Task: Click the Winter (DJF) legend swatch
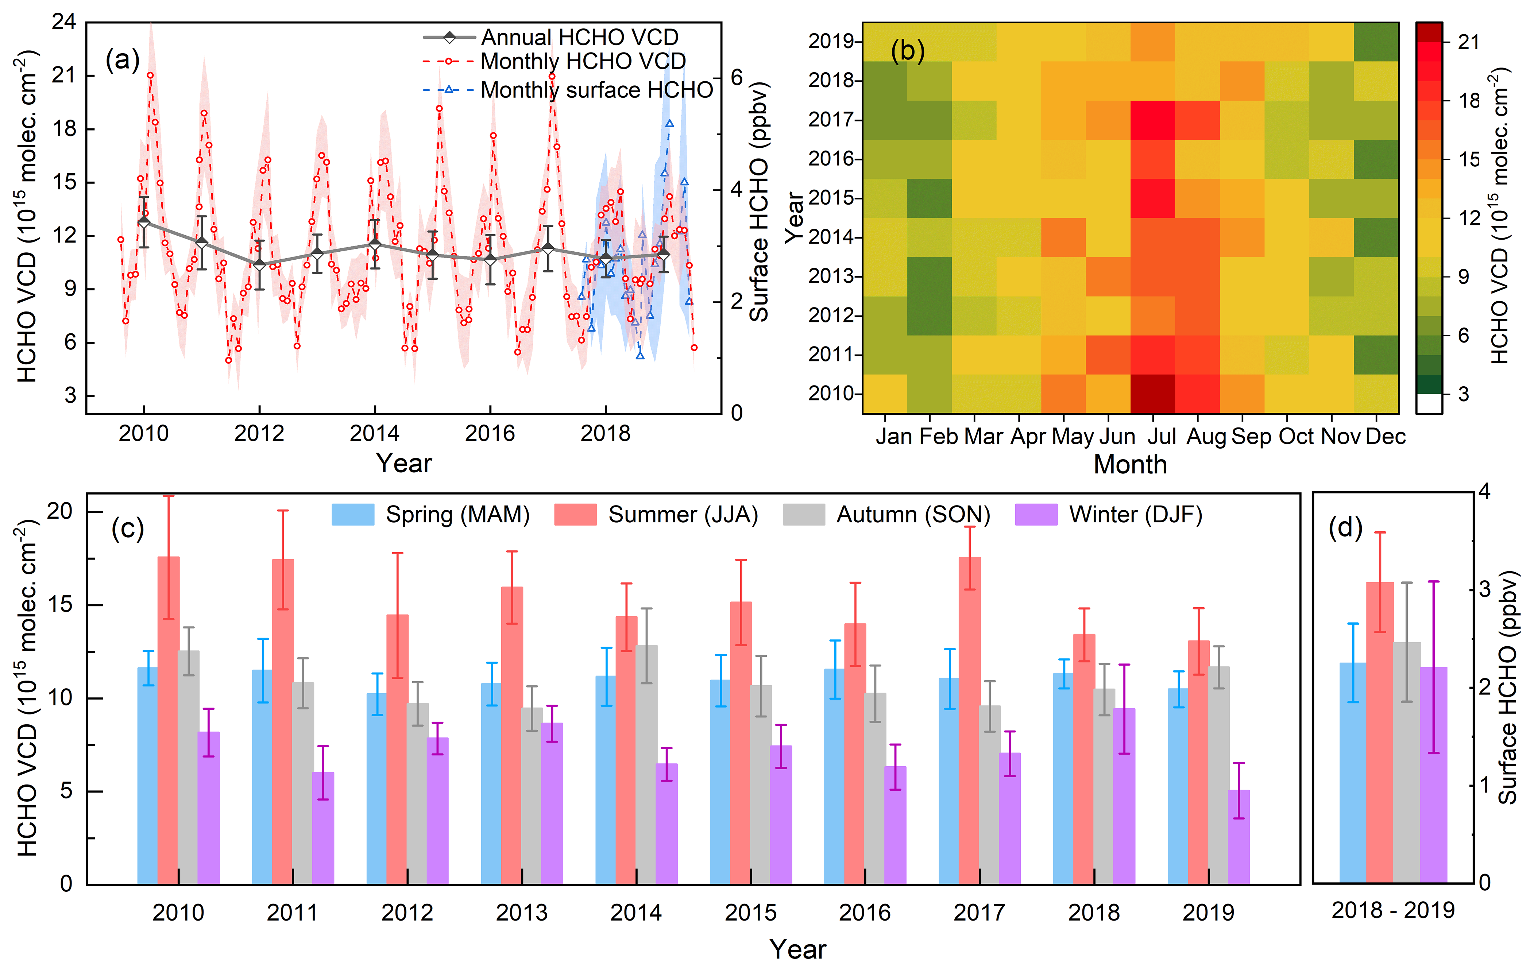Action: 1036,515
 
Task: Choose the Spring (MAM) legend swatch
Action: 352,515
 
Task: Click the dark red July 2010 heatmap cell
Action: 1152,394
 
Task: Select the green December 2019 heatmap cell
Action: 1376,42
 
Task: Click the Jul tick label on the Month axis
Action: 1161,436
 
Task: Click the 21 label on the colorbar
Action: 1468,42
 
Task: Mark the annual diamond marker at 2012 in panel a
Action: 259,264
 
